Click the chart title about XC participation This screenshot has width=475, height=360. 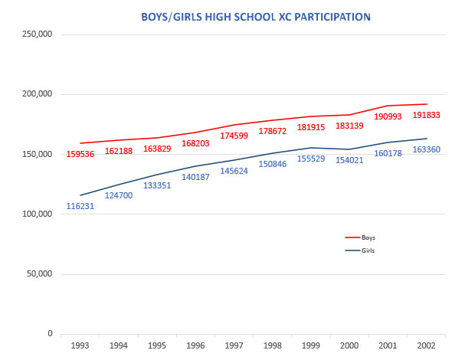pos(245,15)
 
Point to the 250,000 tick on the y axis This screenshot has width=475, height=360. pos(37,34)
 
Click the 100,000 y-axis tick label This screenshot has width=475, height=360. pos(37,214)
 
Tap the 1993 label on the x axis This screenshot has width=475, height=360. pos(80,346)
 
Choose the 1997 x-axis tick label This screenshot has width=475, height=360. pos(234,346)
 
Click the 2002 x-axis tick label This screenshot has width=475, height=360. pos(426,346)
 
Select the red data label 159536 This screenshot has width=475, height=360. pos(80,154)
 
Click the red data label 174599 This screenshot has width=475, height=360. pos(234,136)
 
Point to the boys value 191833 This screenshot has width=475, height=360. pos(427,115)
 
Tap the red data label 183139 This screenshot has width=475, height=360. pos(350,125)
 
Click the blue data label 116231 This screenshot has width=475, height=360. pos(80,206)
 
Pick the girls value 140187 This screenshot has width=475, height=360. pos(196,177)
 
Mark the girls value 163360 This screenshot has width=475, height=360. pos(427,149)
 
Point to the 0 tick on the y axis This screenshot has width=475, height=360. pos(50,334)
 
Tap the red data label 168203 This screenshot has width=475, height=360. pos(196,142)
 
